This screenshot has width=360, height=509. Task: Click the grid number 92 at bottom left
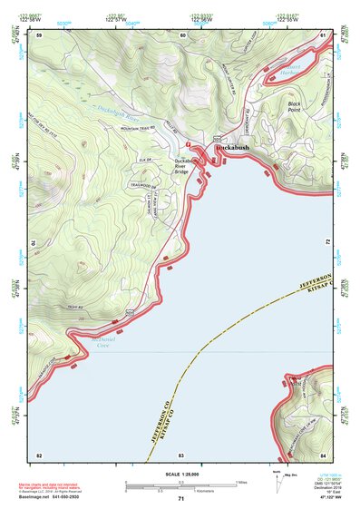click(39, 454)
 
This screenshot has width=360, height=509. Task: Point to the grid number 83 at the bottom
click(181, 454)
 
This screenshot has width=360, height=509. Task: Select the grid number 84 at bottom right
click(323, 454)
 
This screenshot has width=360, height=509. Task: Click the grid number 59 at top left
click(39, 34)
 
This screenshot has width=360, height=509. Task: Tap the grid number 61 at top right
click(323, 34)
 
